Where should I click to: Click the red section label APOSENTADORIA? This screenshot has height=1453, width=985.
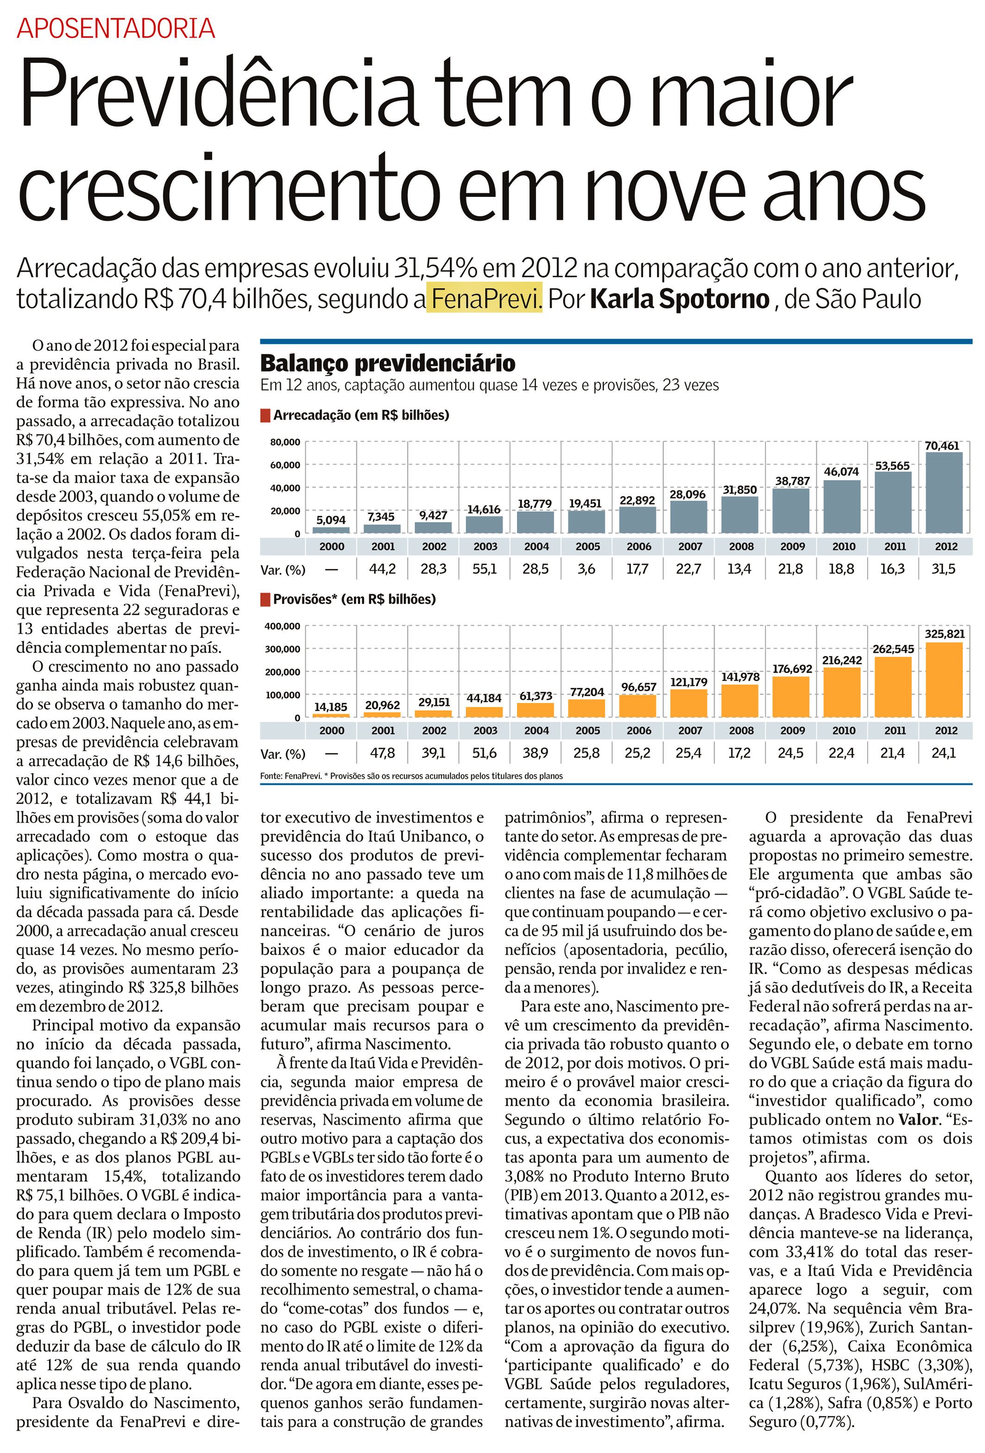(116, 29)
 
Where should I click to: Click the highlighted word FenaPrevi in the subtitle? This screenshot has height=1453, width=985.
(484, 299)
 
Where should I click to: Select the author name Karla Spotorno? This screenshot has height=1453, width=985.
(679, 299)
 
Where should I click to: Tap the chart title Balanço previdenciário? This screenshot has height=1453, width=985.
(388, 363)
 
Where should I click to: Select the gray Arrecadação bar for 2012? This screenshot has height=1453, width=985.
(944, 493)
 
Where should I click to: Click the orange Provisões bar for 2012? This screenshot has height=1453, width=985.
(944, 679)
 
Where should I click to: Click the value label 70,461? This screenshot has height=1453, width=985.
(942, 446)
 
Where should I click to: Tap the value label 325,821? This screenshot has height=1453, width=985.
(944, 633)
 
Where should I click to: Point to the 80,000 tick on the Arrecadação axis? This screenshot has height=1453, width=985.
(285, 442)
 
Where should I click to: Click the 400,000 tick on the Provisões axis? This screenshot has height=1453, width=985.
(283, 626)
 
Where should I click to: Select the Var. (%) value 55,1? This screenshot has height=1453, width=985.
(484, 569)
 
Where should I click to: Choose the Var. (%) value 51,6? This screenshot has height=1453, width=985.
(484, 753)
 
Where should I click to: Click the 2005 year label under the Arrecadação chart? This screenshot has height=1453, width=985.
(587, 547)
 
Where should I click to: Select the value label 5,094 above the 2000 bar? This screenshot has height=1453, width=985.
(331, 520)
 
